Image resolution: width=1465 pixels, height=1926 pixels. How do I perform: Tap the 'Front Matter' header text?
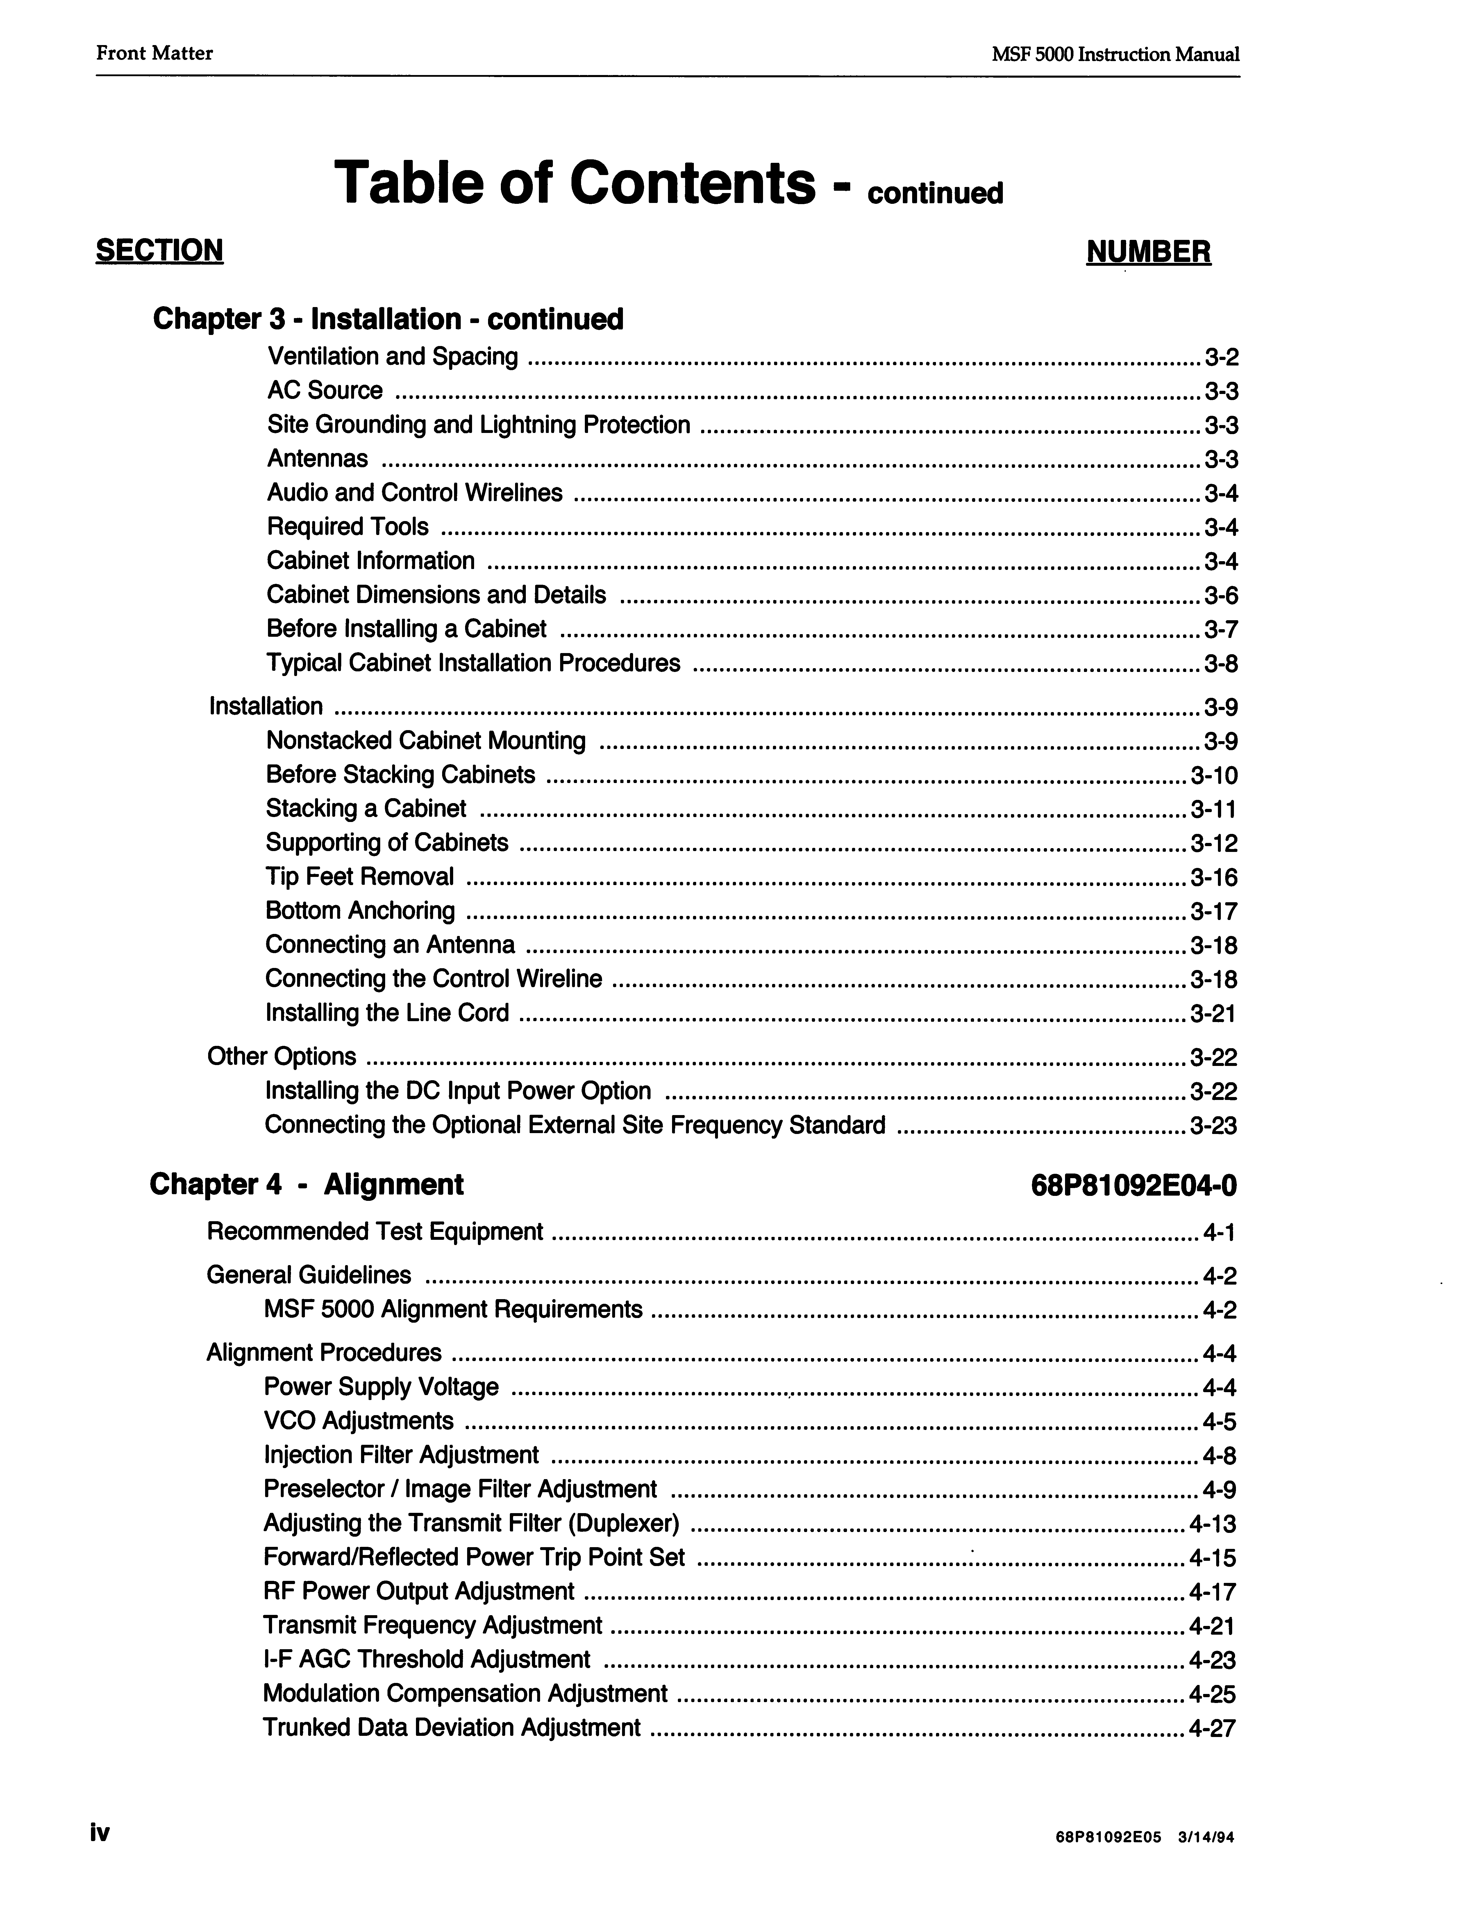(154, 53)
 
